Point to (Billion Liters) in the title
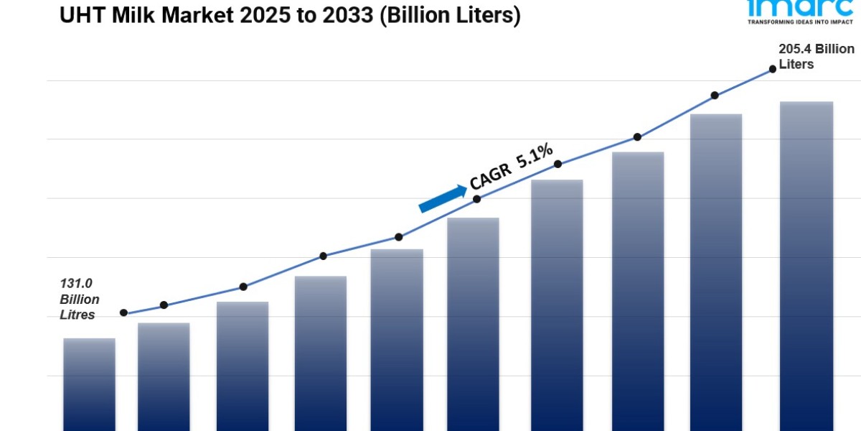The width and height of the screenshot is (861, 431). (451, 15)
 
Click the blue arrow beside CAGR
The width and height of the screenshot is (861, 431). (442, 198)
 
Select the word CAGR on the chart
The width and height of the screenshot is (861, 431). (491, 175)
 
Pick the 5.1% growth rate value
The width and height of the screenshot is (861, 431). (535, 154)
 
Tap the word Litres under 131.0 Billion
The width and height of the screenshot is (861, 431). (77, 315)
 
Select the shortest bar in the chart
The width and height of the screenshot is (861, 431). (89, 384)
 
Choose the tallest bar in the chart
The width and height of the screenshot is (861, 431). (806, 266)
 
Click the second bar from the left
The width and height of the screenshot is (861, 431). (164, 376)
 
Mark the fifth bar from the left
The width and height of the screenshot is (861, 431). (397, 339)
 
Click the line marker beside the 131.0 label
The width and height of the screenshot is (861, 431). (123, 312)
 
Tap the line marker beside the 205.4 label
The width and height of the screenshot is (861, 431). (773, 69)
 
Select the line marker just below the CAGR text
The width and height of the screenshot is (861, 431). (476, 199)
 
